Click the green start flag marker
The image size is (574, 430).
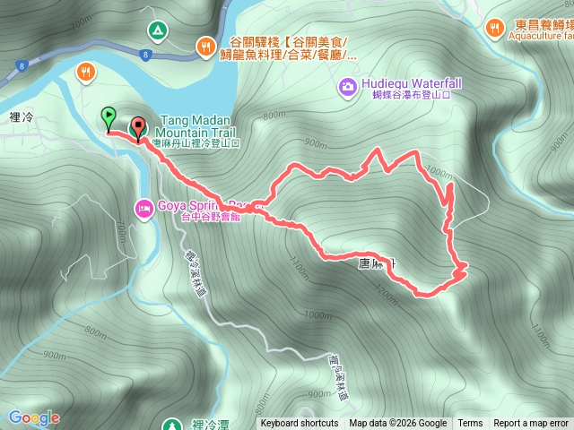coord(109,116)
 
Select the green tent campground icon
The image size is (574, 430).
coord(157,30)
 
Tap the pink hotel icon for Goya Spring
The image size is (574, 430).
coord(143,209)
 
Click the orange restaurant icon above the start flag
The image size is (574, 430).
coord(87,71)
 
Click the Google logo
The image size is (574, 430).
coord(33,417)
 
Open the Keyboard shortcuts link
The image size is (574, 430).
coord(300,424)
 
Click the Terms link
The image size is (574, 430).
coord(470,424)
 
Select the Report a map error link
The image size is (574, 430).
coord(531,424)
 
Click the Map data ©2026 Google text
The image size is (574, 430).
coord(398,424)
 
